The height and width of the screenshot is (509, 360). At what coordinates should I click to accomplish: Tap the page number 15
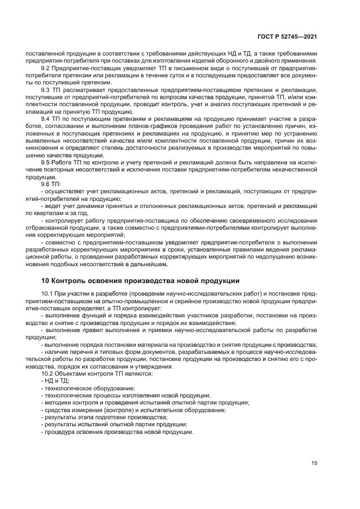coord(314,463)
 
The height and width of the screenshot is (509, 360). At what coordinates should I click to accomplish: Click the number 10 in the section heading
coord(46,281)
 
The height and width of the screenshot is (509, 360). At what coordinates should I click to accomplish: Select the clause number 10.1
coord(48,294)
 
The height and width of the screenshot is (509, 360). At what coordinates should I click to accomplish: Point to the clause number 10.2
coord(48,373)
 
